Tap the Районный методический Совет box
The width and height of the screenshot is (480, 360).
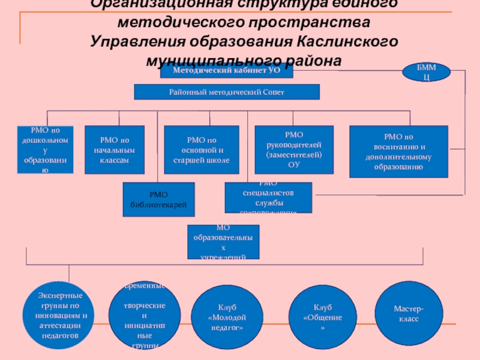click(x=226, y=92)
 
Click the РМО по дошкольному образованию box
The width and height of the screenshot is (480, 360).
click(x=44, y=150)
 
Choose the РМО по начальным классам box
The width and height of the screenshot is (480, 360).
click(x=115, y=150)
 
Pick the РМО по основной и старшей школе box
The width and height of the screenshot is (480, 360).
click(x=201, y=150)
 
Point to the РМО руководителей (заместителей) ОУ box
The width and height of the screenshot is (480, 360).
click(x=294, y=150)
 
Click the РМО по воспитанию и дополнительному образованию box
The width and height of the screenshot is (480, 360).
click(x=398, y=151)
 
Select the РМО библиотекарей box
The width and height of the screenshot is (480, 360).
click(x=159, y=199)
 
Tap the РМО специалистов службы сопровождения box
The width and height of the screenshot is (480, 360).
click(x=268, y=197)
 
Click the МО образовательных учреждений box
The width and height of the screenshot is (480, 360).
click(x=223, y=242)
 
